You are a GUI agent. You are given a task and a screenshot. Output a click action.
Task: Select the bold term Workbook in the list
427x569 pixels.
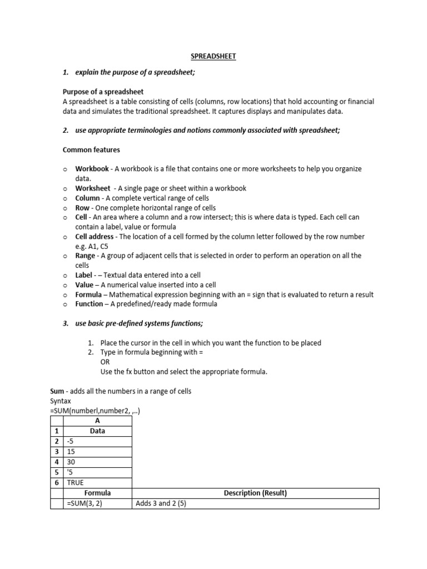(92, 168)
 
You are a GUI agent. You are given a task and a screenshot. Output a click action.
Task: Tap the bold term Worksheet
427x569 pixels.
(93, 188)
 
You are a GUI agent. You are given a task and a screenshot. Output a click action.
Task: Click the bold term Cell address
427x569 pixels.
(96, 236)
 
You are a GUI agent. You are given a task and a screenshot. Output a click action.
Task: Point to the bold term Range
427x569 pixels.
(86, 256)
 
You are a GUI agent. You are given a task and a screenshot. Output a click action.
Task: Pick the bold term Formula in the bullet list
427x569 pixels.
(88, 295)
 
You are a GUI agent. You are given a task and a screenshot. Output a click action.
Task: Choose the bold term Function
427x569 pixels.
(89, 304)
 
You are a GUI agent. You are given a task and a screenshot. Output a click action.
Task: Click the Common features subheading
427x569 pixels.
(91, 149)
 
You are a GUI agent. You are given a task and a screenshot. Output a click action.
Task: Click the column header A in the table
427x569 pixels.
(97, 421)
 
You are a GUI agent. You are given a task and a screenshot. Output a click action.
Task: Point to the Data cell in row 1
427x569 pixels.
(97, 431)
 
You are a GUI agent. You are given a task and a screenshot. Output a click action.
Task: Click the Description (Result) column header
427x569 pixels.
(255, 493)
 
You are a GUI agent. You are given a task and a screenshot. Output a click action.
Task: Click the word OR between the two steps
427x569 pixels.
(105, 362)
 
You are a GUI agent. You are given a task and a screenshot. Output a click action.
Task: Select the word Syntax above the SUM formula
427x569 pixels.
(61, 401)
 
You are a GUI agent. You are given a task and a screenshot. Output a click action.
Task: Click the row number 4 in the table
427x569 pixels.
(56, 461)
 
